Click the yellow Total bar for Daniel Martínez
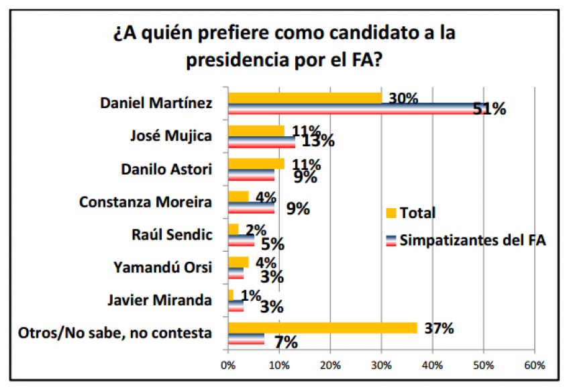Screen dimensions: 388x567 click(305, 98)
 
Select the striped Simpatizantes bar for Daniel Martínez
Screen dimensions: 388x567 click(352, 109)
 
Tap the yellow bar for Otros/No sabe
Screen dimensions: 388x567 click(322, 328)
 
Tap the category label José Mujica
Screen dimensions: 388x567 click(170, 136)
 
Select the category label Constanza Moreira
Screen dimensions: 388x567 click(146, 201)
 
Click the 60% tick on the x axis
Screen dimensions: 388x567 click(534, 366)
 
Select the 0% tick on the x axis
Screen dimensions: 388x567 click(229, 366)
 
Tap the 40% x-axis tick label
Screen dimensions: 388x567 click(433, 366)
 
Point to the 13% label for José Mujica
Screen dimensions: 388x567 click(316, 142)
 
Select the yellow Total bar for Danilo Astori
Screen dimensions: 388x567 click(256, 164)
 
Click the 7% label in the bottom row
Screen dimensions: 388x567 click(286, 342)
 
